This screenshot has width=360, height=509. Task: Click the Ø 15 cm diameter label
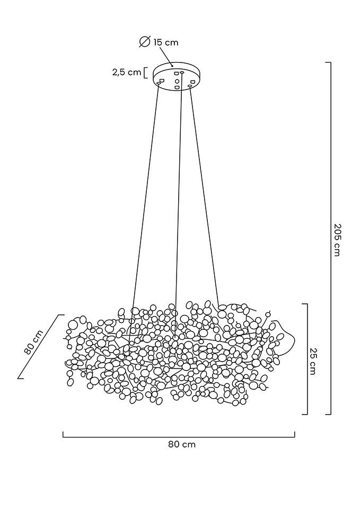pyautogui.click(x=159, y=42)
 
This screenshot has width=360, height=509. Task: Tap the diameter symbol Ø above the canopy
pyautogui.click(x=144, y=42)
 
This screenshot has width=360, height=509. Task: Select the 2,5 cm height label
pyautogui.click(x=126, y=72)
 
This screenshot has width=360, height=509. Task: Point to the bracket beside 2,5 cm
pyautogui.click(x=145, y=72)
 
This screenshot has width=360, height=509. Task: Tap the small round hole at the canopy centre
pyautogui.click(x=177, y=81)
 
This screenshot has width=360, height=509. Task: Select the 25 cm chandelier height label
pyautogui.click(x=313, y=361)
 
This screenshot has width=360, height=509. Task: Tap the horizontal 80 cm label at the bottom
pyautogui.click(x=182, y=444)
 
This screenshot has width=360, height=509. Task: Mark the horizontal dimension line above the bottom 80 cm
pyautogui.click(x=179, y=437)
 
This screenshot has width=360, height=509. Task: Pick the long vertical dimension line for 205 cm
pyautogui.click(x=331, y=239)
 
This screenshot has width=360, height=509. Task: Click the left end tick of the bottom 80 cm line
pyautogui.click(x=63, y=434)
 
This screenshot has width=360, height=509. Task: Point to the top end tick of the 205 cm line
pyautogui.click(x=328, y=63)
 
